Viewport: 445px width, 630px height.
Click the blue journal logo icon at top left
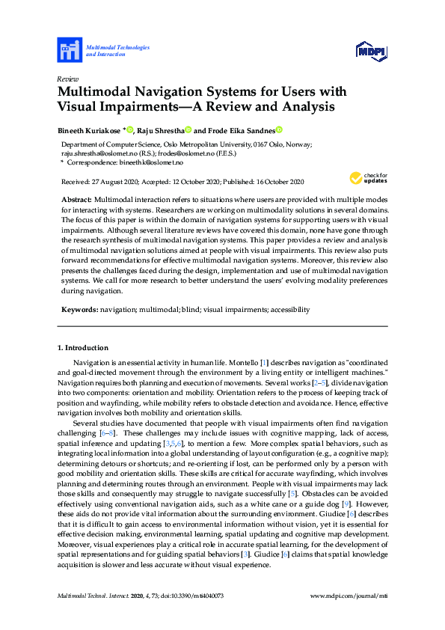coord(69,51)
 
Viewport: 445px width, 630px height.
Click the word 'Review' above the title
coord(67,79)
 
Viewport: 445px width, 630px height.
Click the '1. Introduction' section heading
coord(82,348)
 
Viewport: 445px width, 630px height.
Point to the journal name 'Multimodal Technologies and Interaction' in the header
coord(118,51)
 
